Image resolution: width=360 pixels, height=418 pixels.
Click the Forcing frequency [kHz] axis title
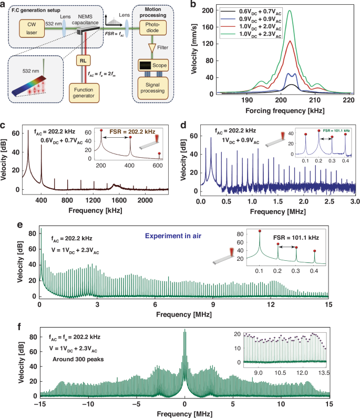click(x=286, y=110)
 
